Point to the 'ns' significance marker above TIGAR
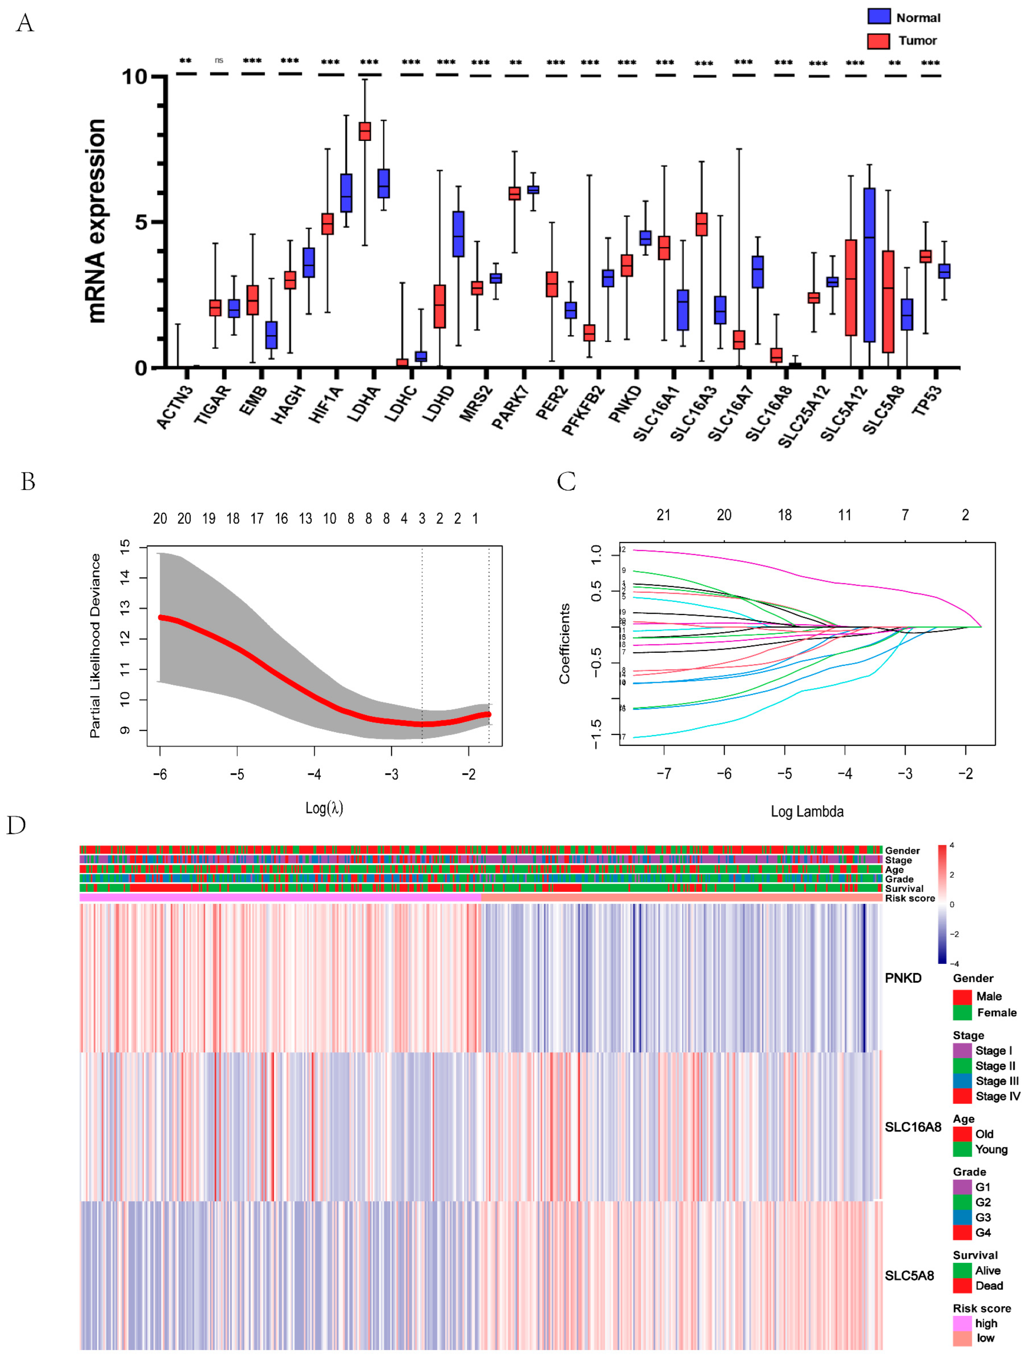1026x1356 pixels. coord(219,60)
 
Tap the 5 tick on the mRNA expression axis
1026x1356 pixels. coord(141,221)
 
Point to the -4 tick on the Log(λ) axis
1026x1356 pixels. coord(314,774)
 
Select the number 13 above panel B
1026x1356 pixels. coord(305,518)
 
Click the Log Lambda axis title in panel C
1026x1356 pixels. coord(807,812)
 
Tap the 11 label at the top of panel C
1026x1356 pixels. coord(845,515)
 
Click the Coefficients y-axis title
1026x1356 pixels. coord(564,644)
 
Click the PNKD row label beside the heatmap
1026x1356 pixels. coord(903,978)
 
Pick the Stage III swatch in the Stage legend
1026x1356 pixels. coord(961,1081)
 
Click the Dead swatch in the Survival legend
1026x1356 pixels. coord(961,1286)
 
